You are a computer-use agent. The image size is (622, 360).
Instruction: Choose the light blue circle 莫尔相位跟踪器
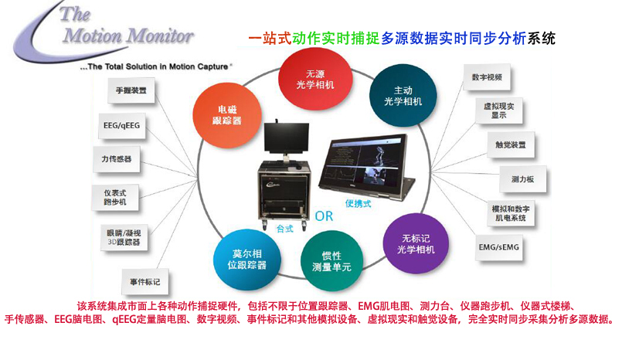tap(249, 258)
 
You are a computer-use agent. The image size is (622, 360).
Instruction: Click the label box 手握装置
tap(130, 90)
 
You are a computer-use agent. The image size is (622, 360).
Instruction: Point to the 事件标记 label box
tap(147, 279)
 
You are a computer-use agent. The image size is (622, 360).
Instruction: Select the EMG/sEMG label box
tap(500, 249)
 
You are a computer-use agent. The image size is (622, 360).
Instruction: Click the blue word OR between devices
tap(324, 216)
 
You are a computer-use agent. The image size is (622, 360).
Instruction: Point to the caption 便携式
tap(359, 203)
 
